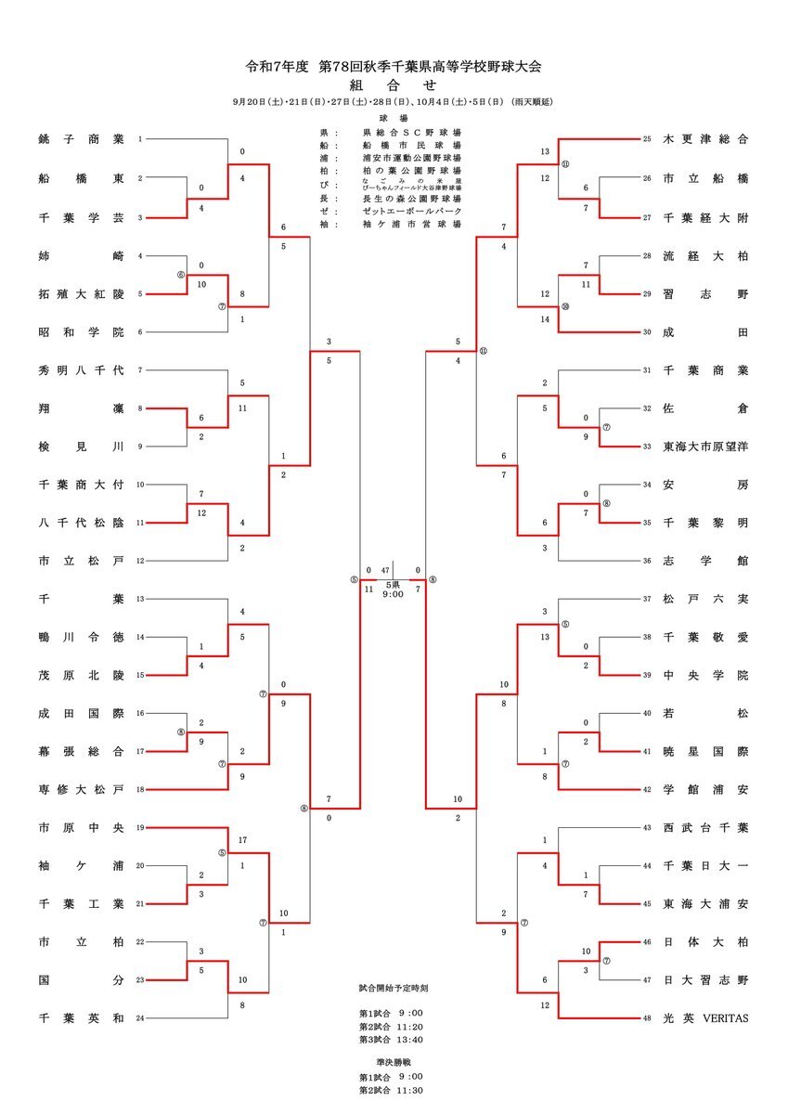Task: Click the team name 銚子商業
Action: (82, 139)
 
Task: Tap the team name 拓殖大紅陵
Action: (82, 293)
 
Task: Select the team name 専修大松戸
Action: (82, 789)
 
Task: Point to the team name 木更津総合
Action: (705, 139)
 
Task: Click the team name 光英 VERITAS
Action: (705, 1018)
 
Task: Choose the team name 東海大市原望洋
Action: (705, 447)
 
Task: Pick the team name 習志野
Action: (705, 293)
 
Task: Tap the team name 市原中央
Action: (82, 827)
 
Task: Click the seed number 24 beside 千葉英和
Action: (140, 1018)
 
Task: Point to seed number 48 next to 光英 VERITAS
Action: (648, 1018)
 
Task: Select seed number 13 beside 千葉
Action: (140, 599)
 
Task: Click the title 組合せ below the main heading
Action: (394, 84)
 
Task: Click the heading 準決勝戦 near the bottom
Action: (394, 1061)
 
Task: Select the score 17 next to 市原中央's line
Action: (241, 840)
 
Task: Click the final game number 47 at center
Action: (385, 571)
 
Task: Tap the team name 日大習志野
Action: (705, 980)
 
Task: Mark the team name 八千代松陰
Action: (82, 523)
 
